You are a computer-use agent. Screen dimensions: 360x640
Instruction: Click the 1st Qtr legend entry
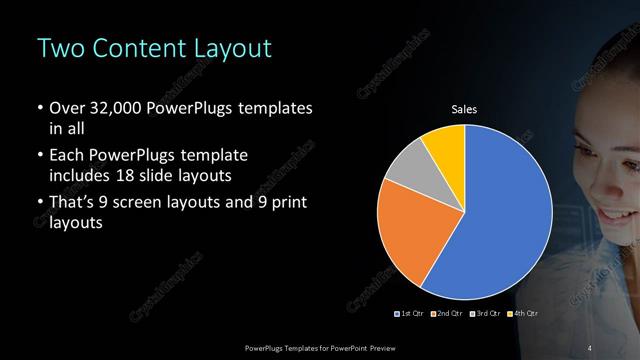(x=410, y=315)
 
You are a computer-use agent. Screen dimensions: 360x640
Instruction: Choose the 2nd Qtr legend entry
(x=446, y=315)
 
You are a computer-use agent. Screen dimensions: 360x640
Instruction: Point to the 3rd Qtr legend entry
(x=483, y=315)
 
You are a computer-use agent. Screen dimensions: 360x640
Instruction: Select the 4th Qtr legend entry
(x=520, y=315)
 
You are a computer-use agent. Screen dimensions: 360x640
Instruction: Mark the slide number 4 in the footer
(x=590, y=347)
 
